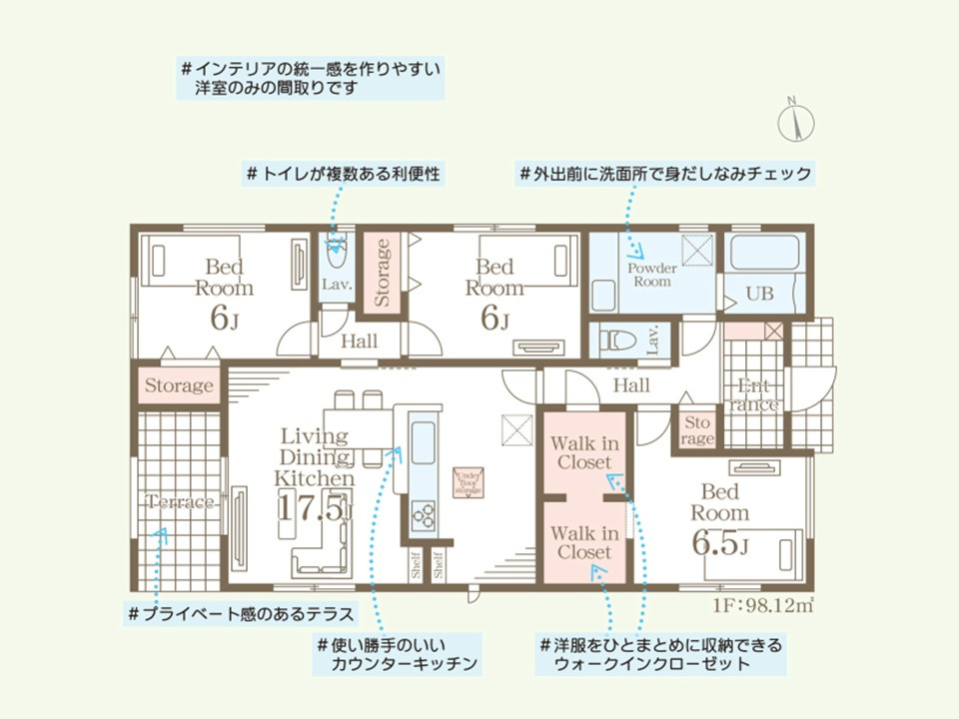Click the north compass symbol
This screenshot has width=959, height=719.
pos(796,123)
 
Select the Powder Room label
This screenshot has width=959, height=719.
pos(651,275)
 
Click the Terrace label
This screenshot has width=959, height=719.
pos(181,502)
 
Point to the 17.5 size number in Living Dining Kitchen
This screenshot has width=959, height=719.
pos(312,508)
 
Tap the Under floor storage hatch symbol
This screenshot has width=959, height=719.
pos(469,482)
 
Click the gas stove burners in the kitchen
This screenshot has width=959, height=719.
pos(424,516)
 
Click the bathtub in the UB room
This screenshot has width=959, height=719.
pos(763,253)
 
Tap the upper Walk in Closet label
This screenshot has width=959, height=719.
pos(584,453)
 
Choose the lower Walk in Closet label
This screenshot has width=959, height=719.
pos(584,542)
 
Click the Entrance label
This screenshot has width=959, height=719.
pos(756,395)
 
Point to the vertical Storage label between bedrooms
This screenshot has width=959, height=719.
pos(382,272)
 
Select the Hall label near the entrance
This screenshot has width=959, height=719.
pos(631,385)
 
